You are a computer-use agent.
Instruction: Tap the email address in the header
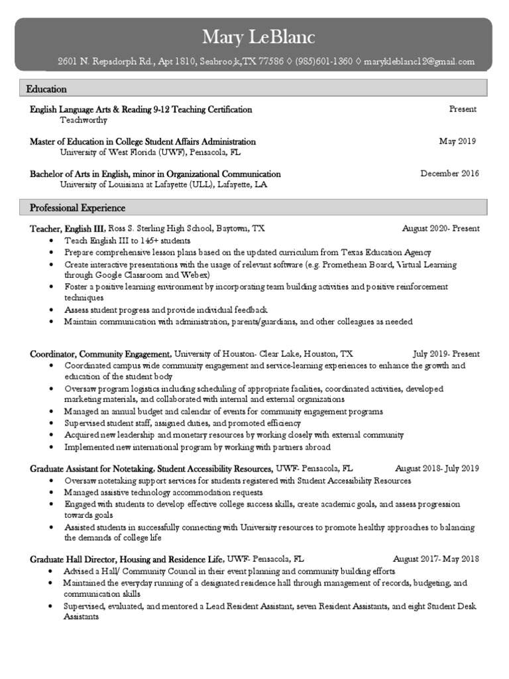click(x=420, y=62)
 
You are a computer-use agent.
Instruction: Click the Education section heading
click(x=46, y=89)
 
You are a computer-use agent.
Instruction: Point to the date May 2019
click(x=457, y=141)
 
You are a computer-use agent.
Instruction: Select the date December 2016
click(x=449, y=174)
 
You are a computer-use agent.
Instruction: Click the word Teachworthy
click(x=84, y=121)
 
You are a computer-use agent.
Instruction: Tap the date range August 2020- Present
click(x=441, y=229)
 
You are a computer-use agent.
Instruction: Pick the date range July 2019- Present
click(x=446, y=354)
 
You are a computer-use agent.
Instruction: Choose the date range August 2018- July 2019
click(x=437, y=469)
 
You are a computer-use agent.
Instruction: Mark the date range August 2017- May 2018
click(x=436, y=560)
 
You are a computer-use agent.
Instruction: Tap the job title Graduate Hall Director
click(x=76, y=560)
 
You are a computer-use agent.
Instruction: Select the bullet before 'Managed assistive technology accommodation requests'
click(x=52, y=493)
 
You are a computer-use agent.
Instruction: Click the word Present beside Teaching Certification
click(x=463, y=109)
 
